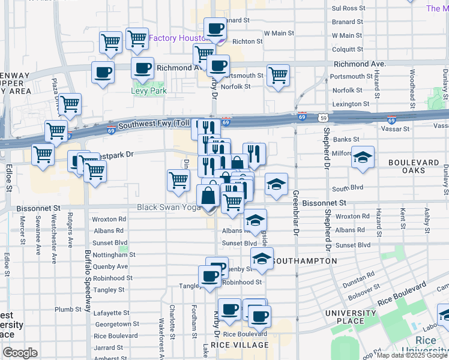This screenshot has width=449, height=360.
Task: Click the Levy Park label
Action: tap(149, 91)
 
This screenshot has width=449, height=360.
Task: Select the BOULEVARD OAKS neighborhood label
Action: tap(414, 166)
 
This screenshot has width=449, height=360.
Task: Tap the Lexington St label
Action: tap(351, 104)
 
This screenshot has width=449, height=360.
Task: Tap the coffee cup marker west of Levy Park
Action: tap(103, 72)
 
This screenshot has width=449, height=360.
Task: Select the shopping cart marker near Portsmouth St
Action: tap(278, 76)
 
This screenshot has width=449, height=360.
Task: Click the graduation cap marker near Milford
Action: tap(362, 157)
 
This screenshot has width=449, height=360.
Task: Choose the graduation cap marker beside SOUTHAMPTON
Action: tap(262, 259)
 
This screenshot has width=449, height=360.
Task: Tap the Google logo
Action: tap(20, 352)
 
